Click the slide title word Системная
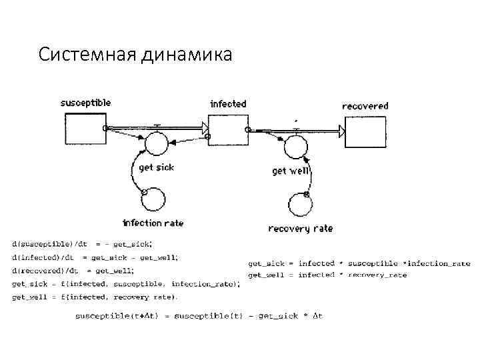click(x=87, y=54)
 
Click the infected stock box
click(x=227, y=129)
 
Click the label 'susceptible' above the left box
click(x=85, y=103)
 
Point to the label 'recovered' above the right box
click(x=365, y=106)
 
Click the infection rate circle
click(x=153, y=197)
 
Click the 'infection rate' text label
click(x=153, y=223)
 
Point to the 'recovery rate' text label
click(x=300, y=229)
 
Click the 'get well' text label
click(x=291, y=171)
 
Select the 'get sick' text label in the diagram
click(x=156, y=167)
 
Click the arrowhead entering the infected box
click(x=203, y=125)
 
